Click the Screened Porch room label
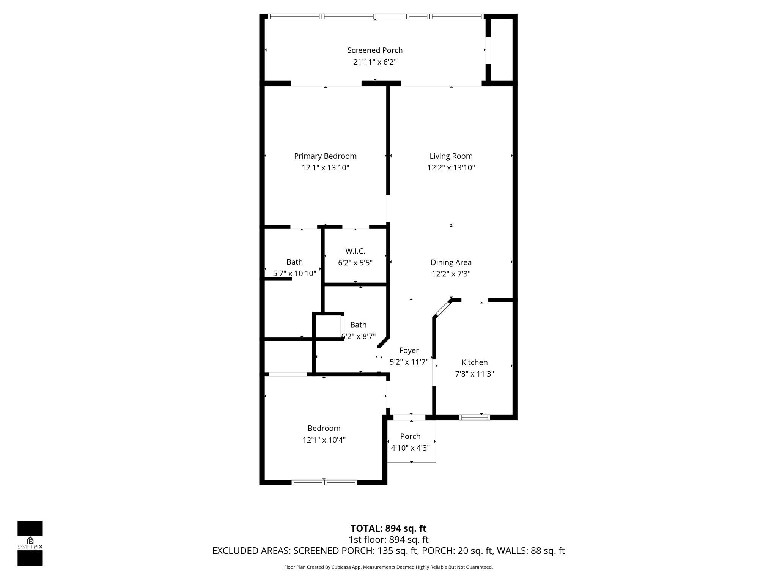coord(375,50)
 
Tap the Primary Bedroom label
coord(325,156)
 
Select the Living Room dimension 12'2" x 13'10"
coord(451,168)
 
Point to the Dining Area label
coord(451,262)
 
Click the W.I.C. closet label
coord(355,251)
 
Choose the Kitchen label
coord(474,362)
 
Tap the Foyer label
coord(409,351)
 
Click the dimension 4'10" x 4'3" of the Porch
coord(411,448)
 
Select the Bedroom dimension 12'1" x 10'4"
coord(324,440)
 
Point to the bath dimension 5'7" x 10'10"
coord(294,273)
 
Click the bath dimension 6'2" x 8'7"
coord(359,336)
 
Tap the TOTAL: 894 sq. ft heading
coord(388,528)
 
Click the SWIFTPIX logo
coord(30,543)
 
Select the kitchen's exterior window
coord(475,418)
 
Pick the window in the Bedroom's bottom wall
coord(324,482)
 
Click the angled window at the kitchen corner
coord(442,308)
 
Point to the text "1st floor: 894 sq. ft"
coord(388,539)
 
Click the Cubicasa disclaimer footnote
coord(388,567)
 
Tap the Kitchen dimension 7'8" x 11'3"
coord(474,374)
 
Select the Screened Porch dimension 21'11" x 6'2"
coord(375,62)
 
